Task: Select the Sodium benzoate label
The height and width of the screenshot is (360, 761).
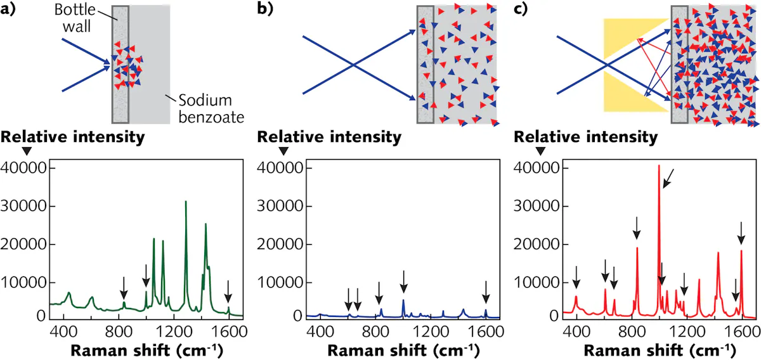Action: click(205, 109)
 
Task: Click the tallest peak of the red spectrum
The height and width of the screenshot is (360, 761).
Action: click(659, 167)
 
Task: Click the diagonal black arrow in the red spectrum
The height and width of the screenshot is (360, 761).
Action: click(669, 179)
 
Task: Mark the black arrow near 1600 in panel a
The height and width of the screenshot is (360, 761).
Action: click(228, 293)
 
